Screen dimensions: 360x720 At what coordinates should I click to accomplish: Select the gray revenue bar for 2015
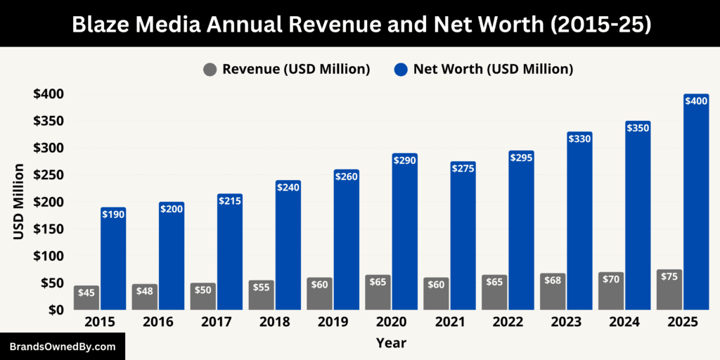point(86,297)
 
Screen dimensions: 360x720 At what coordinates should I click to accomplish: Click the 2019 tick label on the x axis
point(334,322)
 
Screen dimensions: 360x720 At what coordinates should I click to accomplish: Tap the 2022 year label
point(508,322)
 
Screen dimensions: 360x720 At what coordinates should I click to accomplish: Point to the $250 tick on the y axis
point(48,175)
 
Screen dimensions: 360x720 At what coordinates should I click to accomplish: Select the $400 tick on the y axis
point(48,94)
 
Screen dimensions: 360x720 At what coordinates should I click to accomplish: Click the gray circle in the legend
point(210,70)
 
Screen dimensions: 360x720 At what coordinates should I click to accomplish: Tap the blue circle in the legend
point(401,70)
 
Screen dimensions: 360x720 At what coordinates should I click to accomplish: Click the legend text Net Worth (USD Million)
point(493,69)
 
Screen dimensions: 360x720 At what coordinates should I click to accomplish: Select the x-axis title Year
point(391,343)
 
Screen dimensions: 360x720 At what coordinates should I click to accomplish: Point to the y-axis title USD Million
point(19,202)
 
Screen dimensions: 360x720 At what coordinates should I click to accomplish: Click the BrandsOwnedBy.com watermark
point(62,347)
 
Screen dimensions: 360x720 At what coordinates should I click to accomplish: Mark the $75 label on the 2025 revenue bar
point(669,276)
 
